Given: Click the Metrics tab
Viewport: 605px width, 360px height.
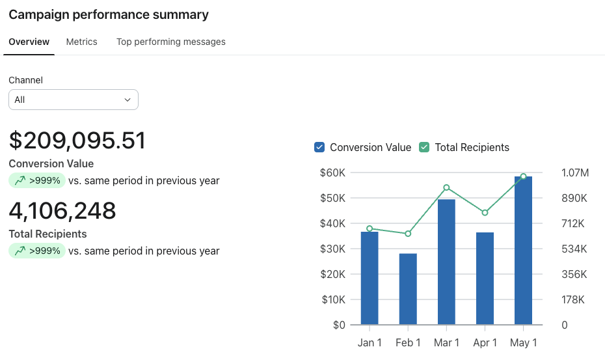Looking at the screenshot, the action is click(x=81, y=42).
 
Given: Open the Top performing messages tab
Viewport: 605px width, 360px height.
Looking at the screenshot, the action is click(x=171, y=42).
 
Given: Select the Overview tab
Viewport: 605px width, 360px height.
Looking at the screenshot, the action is click(x=29, y=42).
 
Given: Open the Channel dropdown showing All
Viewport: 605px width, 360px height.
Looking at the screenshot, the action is click(x=74, y=100).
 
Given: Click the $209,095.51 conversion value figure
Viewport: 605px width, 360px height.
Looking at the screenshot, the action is click(x=77, y=140).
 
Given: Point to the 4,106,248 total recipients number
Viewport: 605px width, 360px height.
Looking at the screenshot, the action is click(x=62, y=211).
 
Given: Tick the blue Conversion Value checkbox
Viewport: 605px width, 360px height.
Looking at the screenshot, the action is click(x=319, y=147).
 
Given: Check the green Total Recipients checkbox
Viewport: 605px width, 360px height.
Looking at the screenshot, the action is click(x=424, y=147).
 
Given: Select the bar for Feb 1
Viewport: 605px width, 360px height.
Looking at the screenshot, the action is click(x=408, y=289).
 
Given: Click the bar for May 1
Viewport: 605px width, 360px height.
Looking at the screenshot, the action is click(x=523, y=250).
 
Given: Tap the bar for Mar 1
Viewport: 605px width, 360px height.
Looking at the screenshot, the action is click(x=446, y=262).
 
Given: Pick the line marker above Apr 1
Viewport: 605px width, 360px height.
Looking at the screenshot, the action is click(x=485, y=212).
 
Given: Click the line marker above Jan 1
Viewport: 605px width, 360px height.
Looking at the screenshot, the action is click(x=370, y=228).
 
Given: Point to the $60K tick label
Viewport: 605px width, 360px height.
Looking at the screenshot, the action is click(x=332, y=173).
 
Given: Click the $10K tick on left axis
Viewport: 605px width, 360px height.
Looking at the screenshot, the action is click(x=333, y=299).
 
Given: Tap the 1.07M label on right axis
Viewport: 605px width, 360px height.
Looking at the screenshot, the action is click(x=575, y=173).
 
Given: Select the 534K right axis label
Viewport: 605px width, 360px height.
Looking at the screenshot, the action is click(x=574, y=249).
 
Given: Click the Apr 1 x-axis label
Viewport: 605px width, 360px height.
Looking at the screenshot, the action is click(x=485, y=342).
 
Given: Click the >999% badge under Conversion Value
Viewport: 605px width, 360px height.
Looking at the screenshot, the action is click(x=37, y=180).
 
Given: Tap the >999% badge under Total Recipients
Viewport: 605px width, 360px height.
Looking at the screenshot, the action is click(x=37, y=251).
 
